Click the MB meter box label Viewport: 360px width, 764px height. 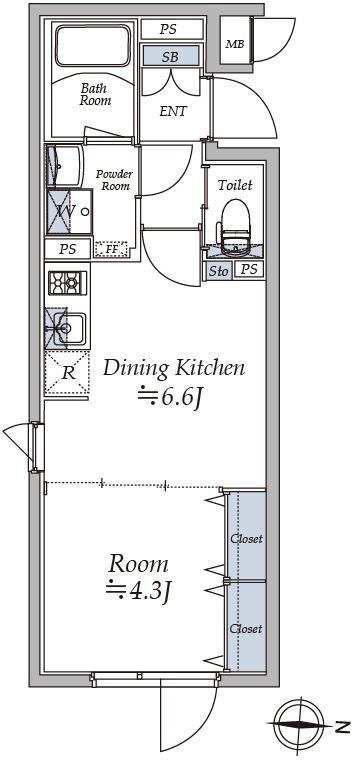(234, 44)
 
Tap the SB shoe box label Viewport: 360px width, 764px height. (171, 57)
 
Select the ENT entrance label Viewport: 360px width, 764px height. (173, 112)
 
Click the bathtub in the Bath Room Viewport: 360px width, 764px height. (93, 46)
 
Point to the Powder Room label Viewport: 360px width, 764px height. (114, 180)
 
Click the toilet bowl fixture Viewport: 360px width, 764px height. (235, 228)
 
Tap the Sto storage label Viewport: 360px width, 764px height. (218, 271)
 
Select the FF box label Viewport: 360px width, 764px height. (111, 250)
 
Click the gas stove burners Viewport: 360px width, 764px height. (68, 283)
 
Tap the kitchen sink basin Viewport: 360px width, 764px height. (69, 329)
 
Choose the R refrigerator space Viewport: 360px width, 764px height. (68, 373)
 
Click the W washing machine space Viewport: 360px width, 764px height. (69, 212)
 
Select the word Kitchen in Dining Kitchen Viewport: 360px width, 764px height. (210, 368)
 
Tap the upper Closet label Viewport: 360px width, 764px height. (246, 539)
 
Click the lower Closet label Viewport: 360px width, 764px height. (246, 629)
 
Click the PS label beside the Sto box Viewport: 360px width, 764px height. (249, 270)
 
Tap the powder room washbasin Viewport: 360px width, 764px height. (64, 166)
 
